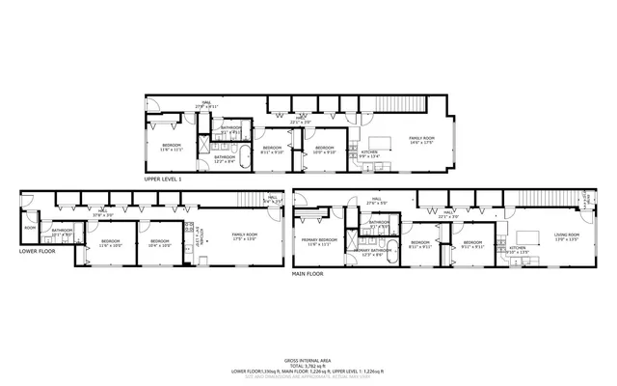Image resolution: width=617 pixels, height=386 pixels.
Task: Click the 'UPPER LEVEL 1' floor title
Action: pos(163,179)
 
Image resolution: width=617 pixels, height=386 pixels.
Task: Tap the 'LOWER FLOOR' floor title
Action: pos(39,252)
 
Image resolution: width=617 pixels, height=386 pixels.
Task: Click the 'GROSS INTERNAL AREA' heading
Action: pos(308,357)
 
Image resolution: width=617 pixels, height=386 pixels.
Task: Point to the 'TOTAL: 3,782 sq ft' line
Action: pos(308,363)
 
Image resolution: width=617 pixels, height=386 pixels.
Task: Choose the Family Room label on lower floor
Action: pos(244,235)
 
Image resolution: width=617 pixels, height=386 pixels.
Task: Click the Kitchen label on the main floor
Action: pos(518,248)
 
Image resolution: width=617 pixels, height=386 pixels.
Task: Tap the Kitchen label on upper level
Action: pos(369,152)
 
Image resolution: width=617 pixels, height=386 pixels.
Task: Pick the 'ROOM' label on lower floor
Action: pos(31,228)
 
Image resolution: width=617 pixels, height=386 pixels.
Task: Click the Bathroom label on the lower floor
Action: pos(63,231)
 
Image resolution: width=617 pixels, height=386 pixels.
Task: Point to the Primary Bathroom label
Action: pos(372,251)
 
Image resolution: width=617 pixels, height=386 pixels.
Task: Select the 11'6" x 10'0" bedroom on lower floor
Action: pos(110,242)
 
